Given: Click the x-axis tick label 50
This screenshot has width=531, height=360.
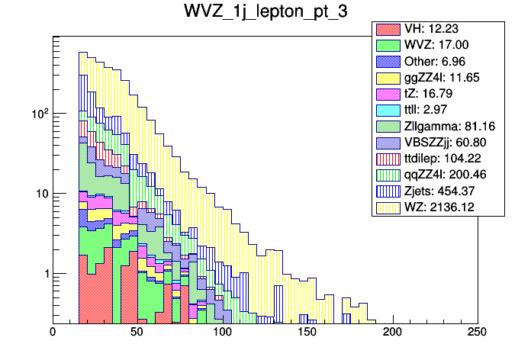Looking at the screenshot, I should (137, 332).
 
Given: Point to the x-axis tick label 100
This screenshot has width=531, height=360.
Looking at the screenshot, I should (222, 332).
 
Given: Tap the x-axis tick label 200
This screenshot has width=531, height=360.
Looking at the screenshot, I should (392, 332).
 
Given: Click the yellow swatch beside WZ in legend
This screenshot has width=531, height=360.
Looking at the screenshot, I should (388, 207).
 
